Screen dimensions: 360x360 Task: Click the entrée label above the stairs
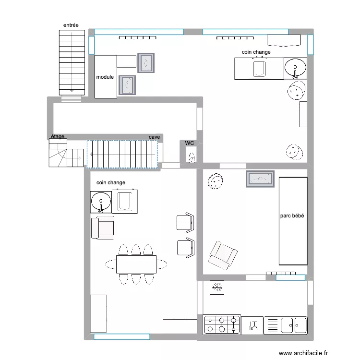click(71, 25)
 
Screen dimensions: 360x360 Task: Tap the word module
click(105, 77)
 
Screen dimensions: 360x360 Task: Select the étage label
click(58, 137)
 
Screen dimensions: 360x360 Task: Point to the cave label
click(154, 137)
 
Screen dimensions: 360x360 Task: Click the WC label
click(190, 143)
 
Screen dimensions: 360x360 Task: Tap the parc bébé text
click(292, 216)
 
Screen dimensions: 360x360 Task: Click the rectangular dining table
click(136, 264)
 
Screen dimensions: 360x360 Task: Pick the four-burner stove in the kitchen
click(222, 324)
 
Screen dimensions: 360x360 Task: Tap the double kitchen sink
click(293, 325)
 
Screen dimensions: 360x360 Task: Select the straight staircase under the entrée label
click(72, 62)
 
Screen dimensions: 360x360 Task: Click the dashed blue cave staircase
click(122, 154)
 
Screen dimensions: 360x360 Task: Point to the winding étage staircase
click(66, 154)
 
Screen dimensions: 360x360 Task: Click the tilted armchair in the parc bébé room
click(222, 255)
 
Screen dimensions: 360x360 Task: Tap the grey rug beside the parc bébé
click(260, 179)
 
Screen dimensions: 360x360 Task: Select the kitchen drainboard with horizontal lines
click(272, 325)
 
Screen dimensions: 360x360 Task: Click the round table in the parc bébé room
click(215, 181)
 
